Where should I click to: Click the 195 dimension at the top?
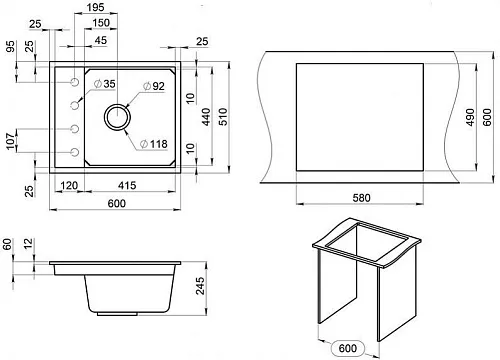(x=95, y=7)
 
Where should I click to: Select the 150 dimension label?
(x=101, y=23)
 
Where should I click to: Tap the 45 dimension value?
(x=100, y=40)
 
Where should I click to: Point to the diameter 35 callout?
(x=105, y=84)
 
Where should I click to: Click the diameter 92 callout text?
(x=154, y=86)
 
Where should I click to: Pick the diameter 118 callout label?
(x=154, y=144)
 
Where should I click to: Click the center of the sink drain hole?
(x=117, y=117)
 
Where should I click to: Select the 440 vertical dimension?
(x=207, y=116)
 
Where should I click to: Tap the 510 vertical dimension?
(x=223, y=116)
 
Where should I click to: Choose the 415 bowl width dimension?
(x=127, y=185)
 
